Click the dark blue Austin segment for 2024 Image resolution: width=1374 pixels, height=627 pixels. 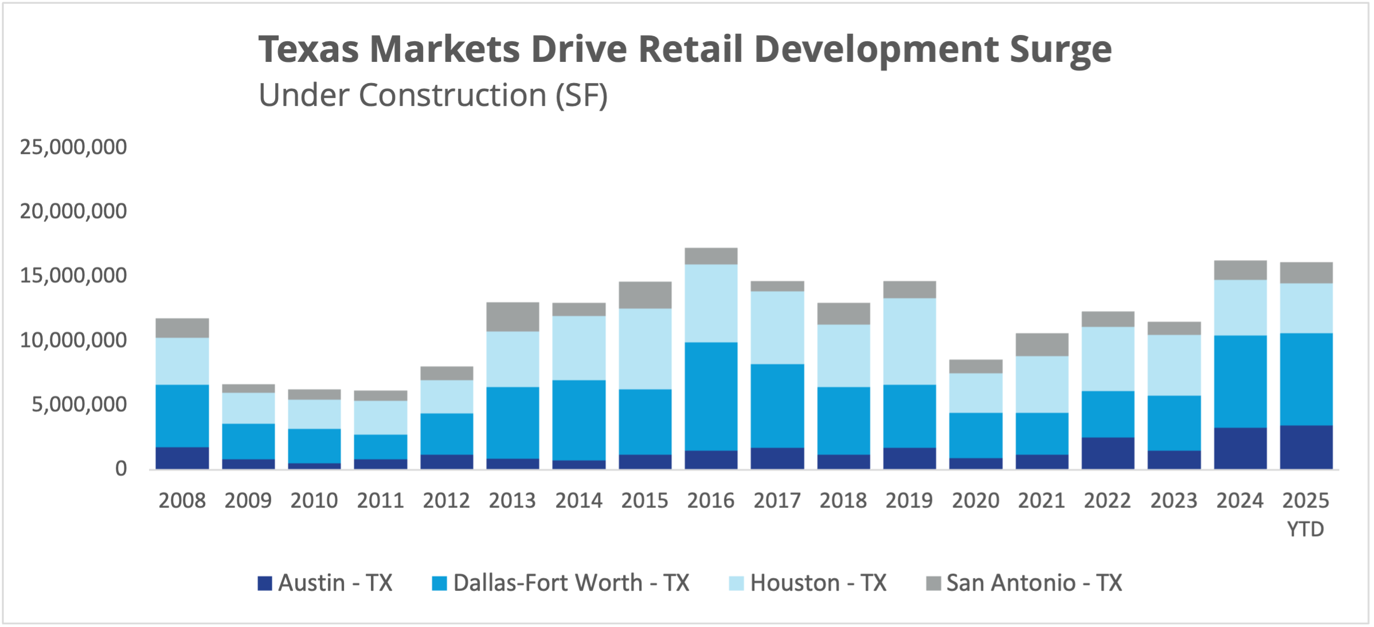pos(1240,448)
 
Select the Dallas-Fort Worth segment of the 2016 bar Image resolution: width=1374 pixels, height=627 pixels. pos(711,396)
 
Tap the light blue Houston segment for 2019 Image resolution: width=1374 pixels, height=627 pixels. pos(909,341)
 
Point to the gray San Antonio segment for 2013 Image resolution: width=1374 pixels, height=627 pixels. pos(512,317)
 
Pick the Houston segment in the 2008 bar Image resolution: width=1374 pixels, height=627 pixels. pos(182,361)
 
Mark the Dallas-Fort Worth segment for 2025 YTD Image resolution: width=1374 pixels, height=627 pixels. pos(1306,379)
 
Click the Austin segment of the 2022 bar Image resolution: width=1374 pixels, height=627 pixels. pos(1107,453)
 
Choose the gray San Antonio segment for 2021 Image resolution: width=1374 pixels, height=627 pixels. pos(1042,345)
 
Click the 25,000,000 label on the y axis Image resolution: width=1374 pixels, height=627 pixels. pos(73,147)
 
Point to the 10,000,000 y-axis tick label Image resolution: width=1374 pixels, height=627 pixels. pos(73,341)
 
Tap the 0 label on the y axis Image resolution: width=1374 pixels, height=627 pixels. pos(121,469)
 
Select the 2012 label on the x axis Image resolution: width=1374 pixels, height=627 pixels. pos(447,501)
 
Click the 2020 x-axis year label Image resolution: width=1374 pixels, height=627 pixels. pos(976,501)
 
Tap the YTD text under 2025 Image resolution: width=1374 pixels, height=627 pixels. pos(1306,529)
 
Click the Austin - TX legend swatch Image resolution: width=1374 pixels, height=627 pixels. pos(265,583)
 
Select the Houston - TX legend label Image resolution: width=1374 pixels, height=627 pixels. pos(818,583)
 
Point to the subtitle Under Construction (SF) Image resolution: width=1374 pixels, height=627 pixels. pos(433,95)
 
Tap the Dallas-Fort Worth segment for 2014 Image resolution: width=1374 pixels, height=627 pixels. pos(579,420)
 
